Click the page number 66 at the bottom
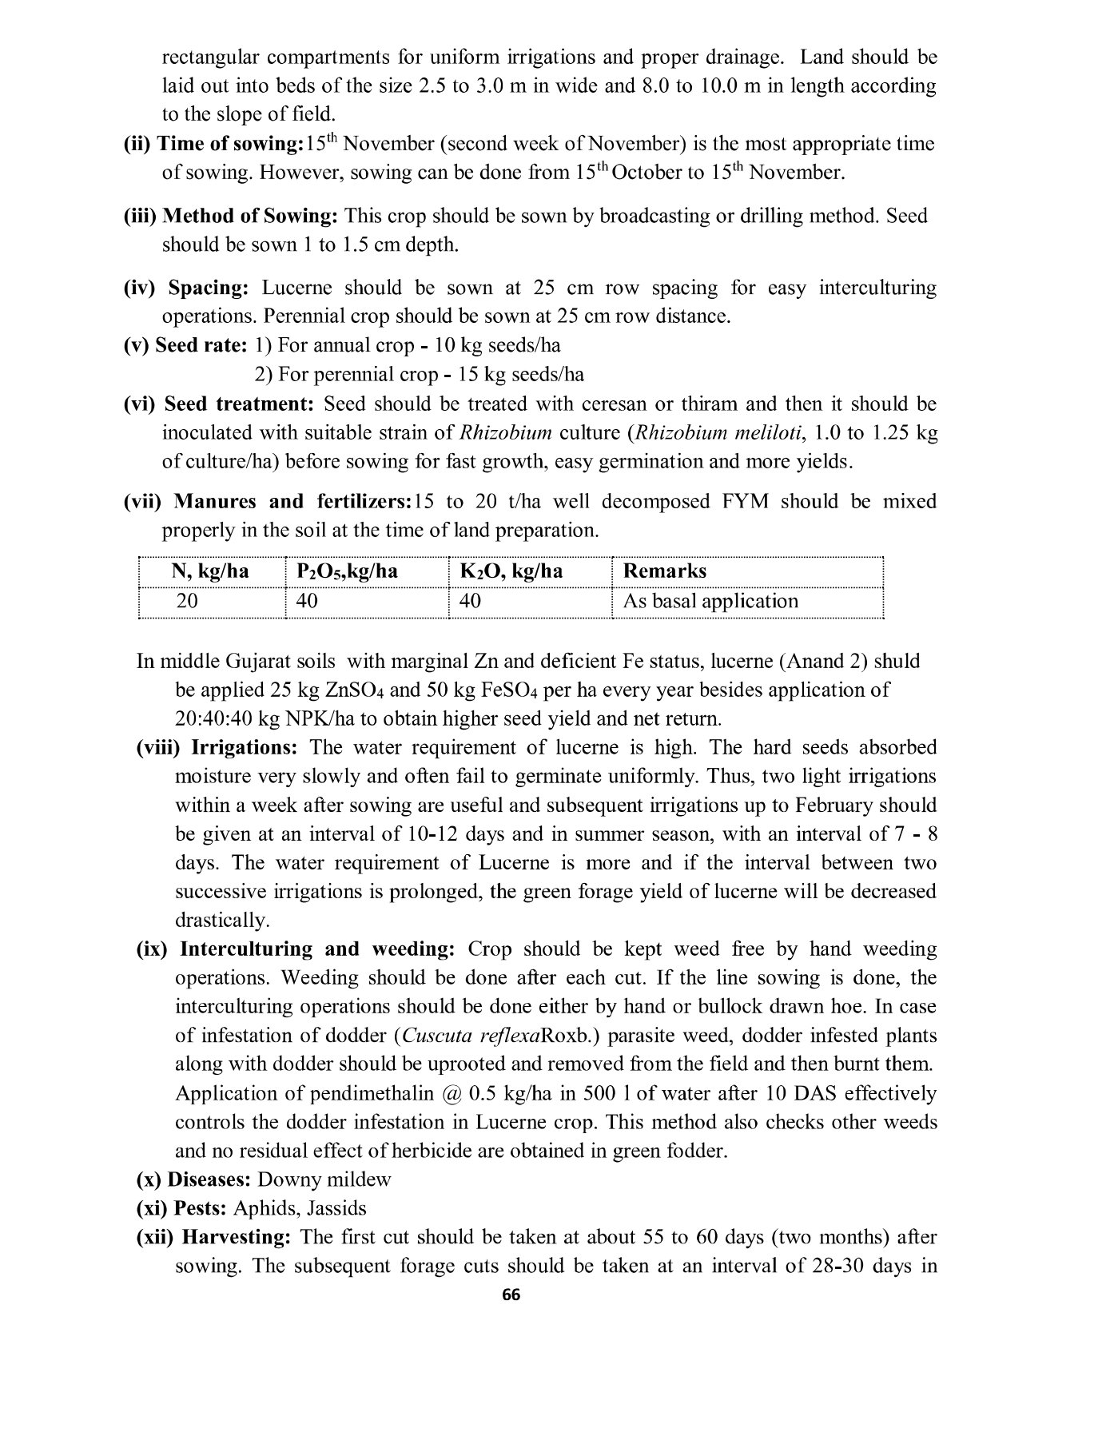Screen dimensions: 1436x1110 [x=511, y=1295]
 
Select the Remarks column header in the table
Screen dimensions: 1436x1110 [x=664, y=571]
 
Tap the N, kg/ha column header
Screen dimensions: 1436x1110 [x=210, y=571]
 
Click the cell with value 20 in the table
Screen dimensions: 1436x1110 [x=187, y=601]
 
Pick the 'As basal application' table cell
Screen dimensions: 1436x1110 [x=710, y=601]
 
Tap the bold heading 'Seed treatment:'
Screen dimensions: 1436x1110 [x=241, y=404]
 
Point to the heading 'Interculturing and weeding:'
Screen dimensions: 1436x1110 [x=317, y=949]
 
